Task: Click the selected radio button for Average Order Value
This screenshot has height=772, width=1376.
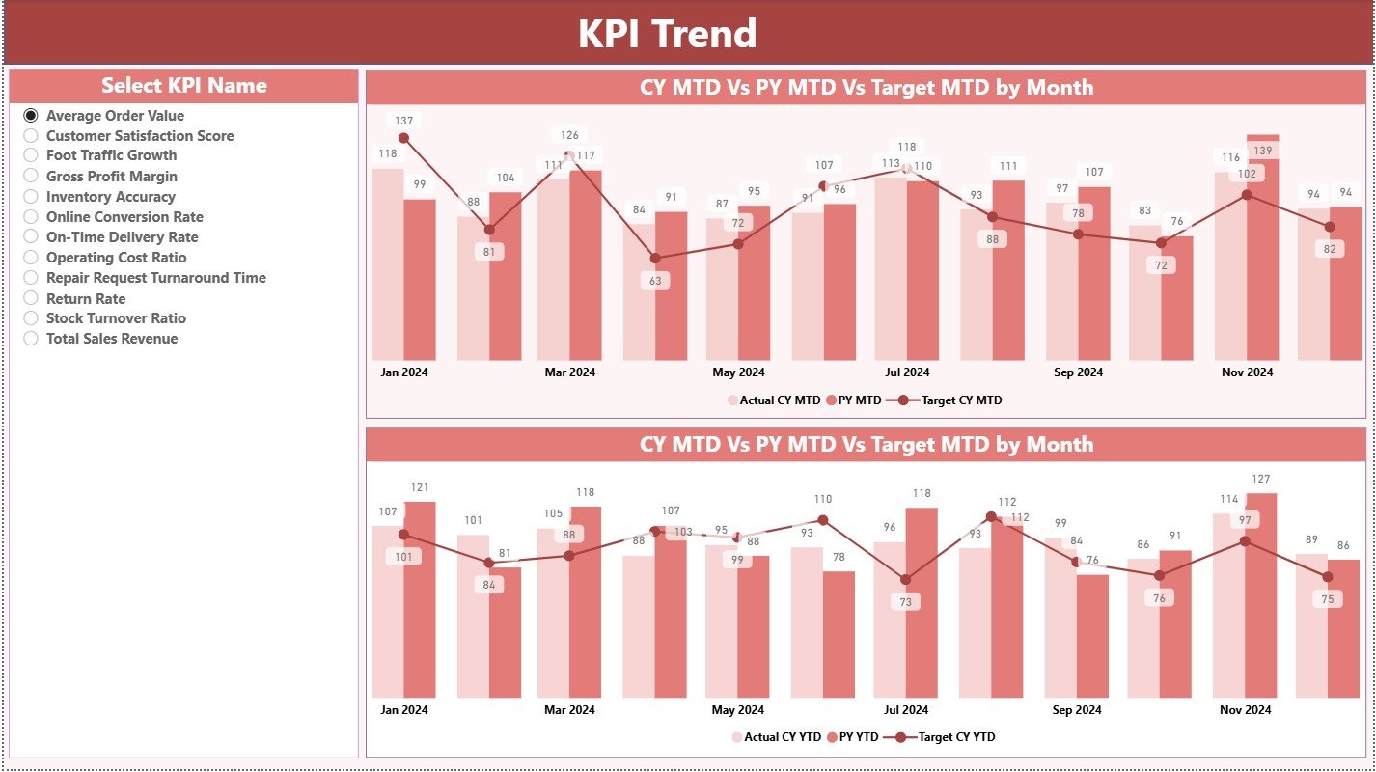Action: [x=31, y=115]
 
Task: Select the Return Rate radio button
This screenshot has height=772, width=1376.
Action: [x=31, y=298]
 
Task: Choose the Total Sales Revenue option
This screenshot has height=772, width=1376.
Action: [x=31, y=339]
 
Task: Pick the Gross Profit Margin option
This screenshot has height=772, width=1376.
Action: [x=31, y=177]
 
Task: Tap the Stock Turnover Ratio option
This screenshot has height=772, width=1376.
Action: [x=31, y=318]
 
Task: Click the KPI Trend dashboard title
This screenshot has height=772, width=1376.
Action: [x=667, y=34]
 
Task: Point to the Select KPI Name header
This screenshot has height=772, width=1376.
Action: [x=183, y=86]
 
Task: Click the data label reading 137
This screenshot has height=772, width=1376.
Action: [x=403, y=121]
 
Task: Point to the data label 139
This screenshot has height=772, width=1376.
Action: [x=1262, y=152]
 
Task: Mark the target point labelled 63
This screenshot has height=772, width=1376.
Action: [x=655, y=259]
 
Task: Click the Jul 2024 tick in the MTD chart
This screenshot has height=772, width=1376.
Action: [x=907, y=372]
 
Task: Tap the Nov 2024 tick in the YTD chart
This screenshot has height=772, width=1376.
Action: [x=1246, y=710]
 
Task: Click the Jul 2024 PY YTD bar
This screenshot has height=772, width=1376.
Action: [x=921, y=602]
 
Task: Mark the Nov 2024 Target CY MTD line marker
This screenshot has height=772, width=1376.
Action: [x=1247, y=195]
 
